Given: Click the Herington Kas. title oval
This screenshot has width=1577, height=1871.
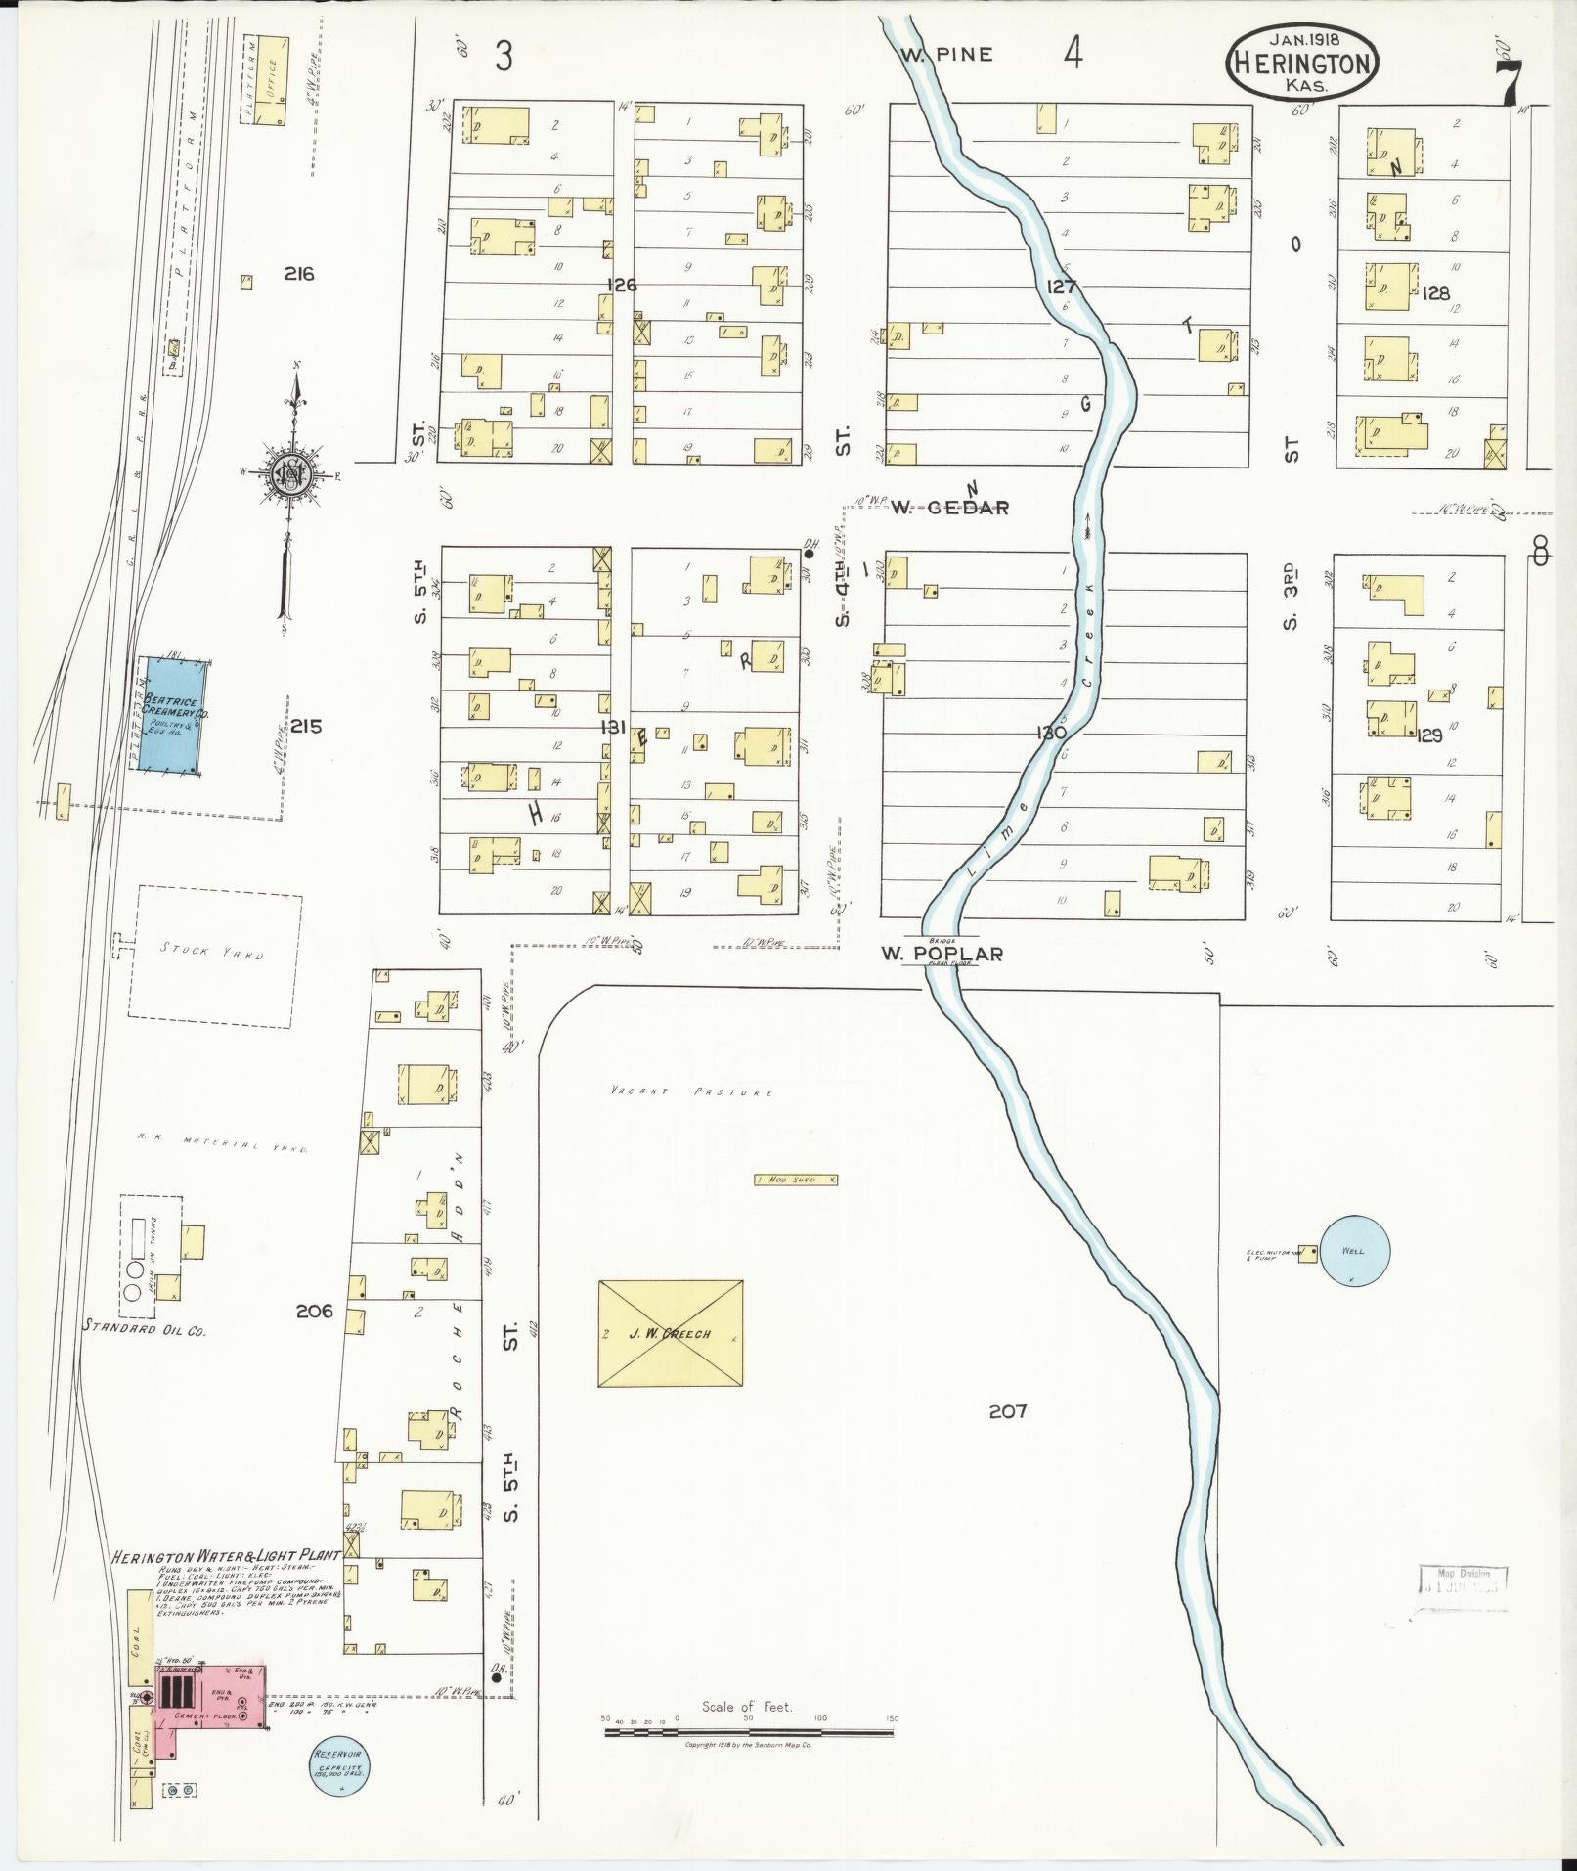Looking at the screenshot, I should point(1302,62).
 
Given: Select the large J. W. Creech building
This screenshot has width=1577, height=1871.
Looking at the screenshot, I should point(670,1333).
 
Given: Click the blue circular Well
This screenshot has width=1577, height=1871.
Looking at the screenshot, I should point(1353,1250).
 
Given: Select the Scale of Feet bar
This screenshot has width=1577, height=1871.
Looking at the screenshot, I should point(748,1731).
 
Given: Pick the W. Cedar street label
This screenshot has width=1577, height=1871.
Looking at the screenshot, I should point(948,507).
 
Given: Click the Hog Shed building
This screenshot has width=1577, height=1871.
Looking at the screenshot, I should point(797,1180).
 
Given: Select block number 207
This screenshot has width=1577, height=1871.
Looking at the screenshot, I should point(1007,1410).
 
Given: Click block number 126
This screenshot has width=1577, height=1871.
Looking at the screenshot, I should point(621,285).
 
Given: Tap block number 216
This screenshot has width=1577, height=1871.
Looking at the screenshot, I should point(299,274).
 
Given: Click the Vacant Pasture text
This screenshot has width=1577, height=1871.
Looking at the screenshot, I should point(691,1091).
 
